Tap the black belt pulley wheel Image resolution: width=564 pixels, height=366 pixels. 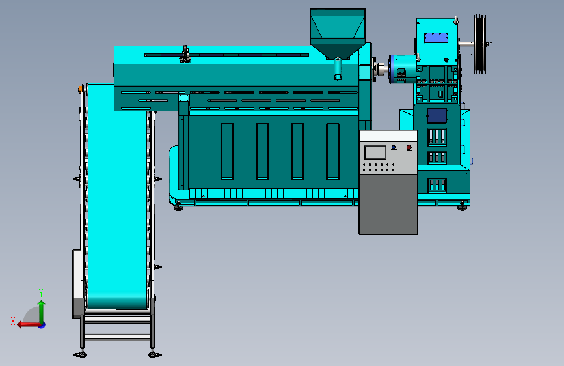[479, 44]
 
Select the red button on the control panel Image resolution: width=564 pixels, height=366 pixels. [409, 147]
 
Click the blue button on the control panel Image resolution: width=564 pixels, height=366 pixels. [394, 147]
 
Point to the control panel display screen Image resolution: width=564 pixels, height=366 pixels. [375, 152]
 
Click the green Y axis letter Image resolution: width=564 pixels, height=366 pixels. [41, 292]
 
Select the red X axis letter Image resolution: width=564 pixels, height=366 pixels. [13, 321]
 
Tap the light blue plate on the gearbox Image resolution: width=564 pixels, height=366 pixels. [436, 38]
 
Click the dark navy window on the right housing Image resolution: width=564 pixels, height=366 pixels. [437, 116]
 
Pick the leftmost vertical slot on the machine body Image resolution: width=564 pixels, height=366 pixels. [227, 151]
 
